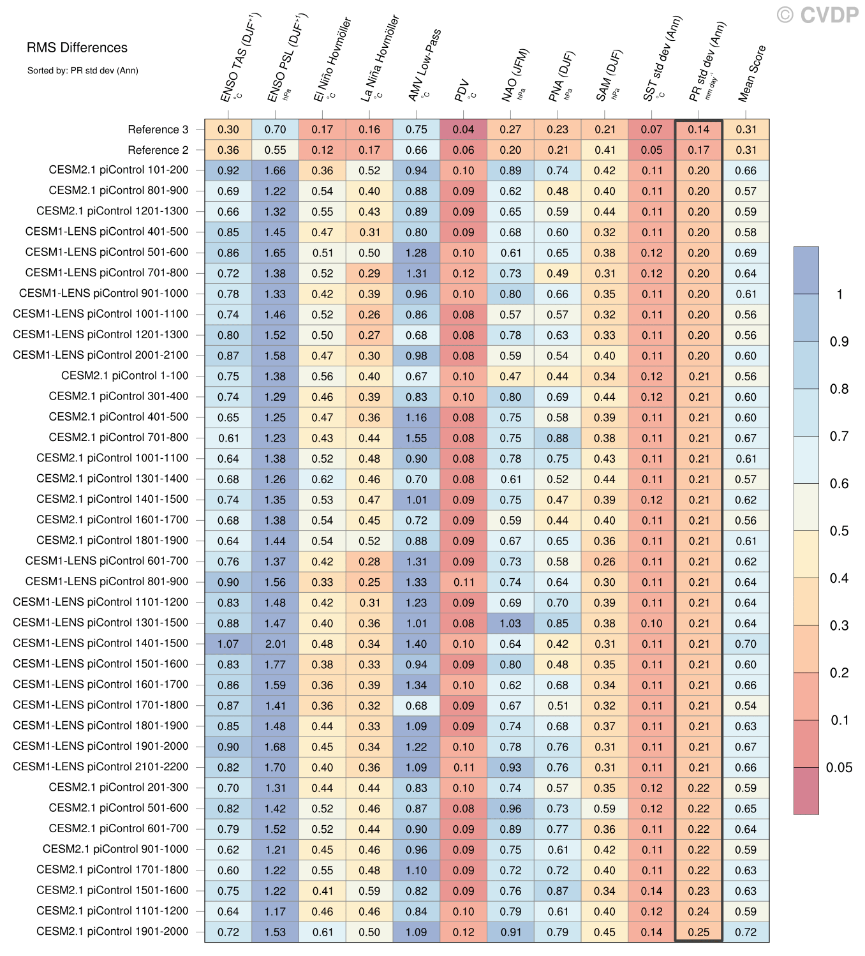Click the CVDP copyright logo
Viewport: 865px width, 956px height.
(817, 15)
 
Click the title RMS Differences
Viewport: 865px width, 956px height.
(77, 48)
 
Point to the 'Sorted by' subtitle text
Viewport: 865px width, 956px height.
(82, 71)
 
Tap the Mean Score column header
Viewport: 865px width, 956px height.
(752, 73)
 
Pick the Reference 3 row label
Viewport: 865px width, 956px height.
(158, 130)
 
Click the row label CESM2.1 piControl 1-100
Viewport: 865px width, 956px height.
(124, 376)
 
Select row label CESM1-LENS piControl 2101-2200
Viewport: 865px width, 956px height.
(100, 766)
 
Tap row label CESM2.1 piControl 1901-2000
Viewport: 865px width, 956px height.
(112, 931)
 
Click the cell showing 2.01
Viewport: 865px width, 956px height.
(275, 644)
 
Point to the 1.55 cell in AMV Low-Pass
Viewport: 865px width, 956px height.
(417, 438)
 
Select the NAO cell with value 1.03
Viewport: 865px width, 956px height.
(510, 624)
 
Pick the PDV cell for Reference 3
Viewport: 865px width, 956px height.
(464, 130)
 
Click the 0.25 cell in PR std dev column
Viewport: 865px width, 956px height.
(699, 932)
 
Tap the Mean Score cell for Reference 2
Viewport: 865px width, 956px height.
(746, 150)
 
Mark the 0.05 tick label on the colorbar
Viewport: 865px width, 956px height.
(839, 768)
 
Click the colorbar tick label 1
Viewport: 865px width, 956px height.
(839, 294)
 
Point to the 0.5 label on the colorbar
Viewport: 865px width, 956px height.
(839, 531)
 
